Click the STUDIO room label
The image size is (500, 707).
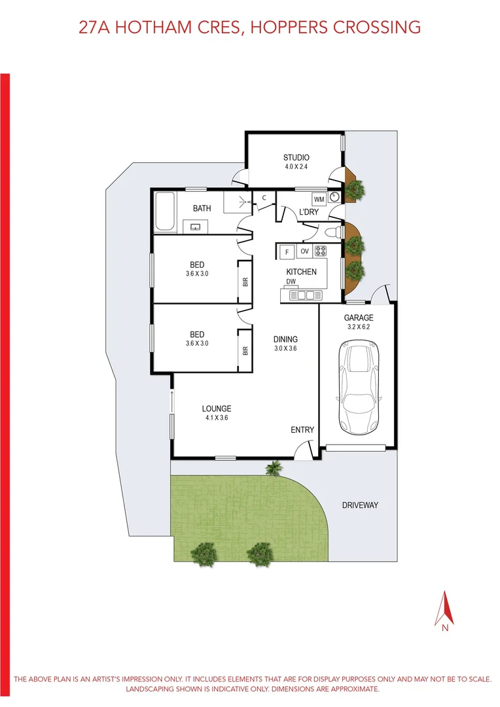tap(296, 157)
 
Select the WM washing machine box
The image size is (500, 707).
tap(319, 199)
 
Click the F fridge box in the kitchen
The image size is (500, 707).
tap(286, 251)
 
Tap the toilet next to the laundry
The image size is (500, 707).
tap(334, 231)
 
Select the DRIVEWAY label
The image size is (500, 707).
tap(360, 505)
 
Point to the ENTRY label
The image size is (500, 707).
tap(302, 430)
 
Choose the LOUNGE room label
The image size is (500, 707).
tap(217, 409)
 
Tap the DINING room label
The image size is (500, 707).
tap(285, 339)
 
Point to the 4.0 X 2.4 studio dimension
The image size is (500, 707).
tap(296, 167)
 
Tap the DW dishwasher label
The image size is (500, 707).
tap(291, 282)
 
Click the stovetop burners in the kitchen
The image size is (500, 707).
tap(321, 251)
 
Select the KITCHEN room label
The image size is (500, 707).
tap(301, 272)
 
